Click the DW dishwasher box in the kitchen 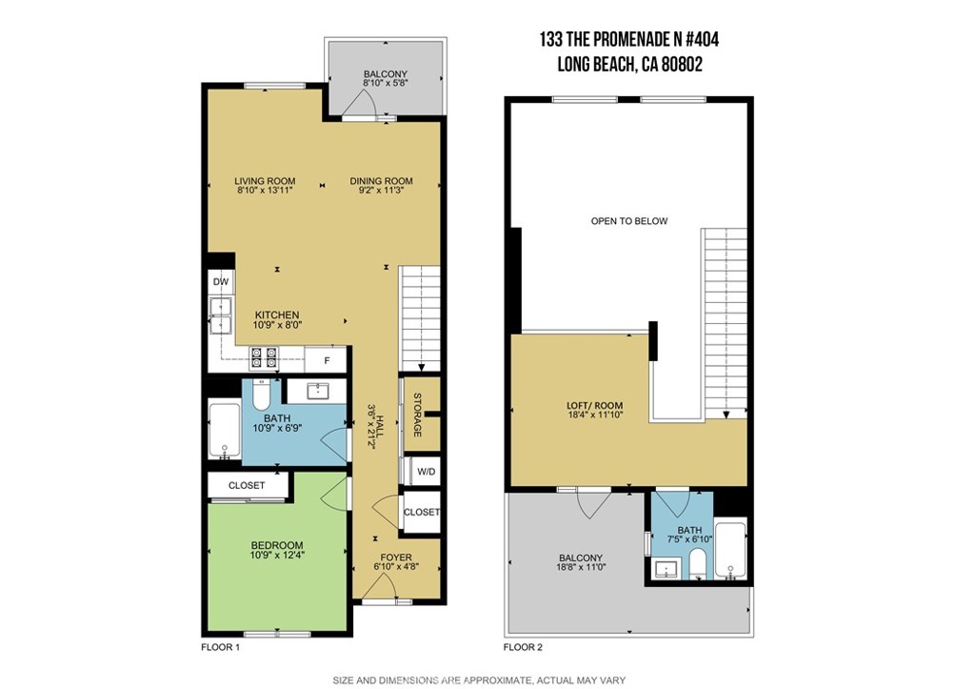pyautogui.click(x=221, y=282)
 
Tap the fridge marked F pyautogui.click(x=327, y=360)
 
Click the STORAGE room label pyautogui.click(x=417, y=415)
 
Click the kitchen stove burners pyautogui.click(x=263, y=358)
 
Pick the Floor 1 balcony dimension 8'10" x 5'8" pyautogui.click(x=385, y=84)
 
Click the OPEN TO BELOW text pyautogui.click(x=629, y=221)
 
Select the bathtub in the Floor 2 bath pyautogui.click(x=730, y=550)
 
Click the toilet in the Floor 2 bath pyautogui.click(x=698, y=562)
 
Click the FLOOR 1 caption pyautogui.click(x=220, y=647)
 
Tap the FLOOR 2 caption pyautogui.click(x=523, y=647)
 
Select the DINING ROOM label pyautogui.click(x=381, y=181)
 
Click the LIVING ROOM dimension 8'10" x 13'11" pyautogui.click(x=266, y=191)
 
